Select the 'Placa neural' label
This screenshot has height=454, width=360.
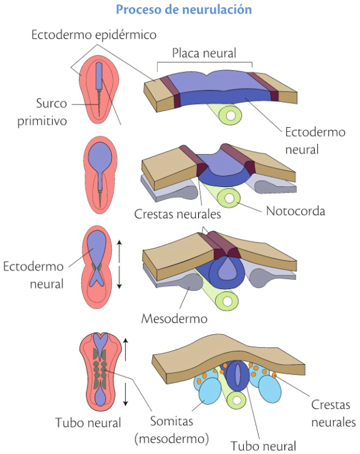pos(204,53)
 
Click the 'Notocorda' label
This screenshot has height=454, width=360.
pos(295,211)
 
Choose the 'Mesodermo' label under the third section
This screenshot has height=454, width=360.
pos(174,318)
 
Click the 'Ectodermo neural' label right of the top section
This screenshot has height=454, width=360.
pos(315,141)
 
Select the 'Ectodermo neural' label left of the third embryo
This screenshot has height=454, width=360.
pos(33,275)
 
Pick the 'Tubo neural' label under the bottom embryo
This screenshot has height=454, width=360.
pos(88,422)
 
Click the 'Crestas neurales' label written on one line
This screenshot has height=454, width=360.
pos(177,214)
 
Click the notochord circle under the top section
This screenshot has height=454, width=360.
pos(230,115)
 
